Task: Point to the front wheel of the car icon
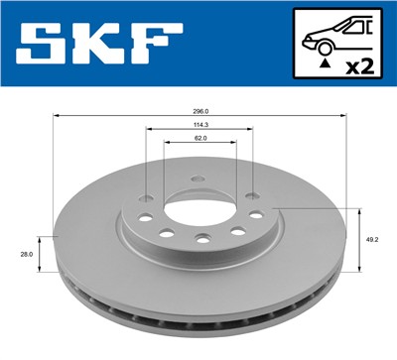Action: tap(325, 48)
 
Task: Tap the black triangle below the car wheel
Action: tap(325, 63)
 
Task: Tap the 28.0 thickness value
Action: tap(26, 255)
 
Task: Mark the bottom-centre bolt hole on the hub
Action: tap(202, 238)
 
